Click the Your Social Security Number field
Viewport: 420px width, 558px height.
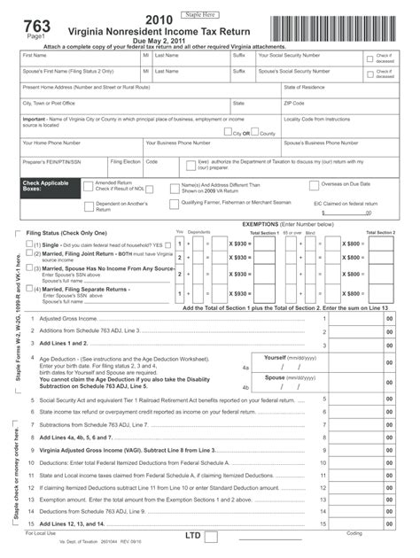(310, 59)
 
